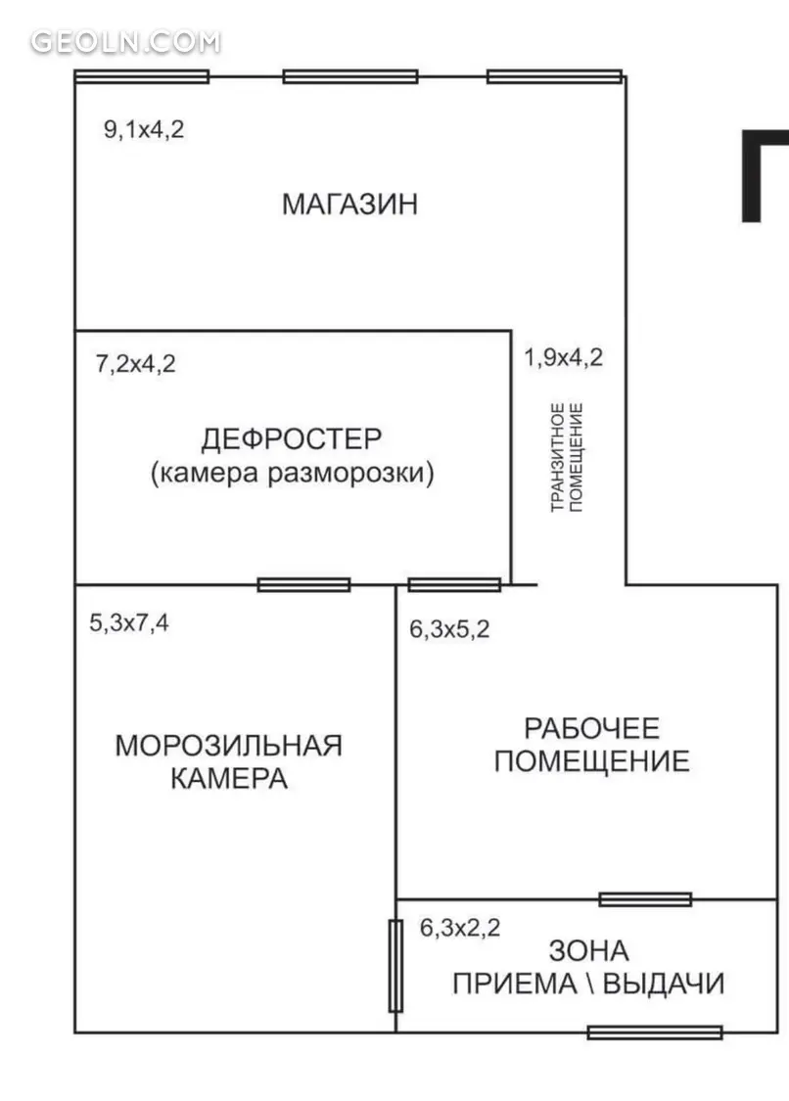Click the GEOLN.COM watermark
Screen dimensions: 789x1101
[125, 42]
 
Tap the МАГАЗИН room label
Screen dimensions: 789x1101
[349, 204]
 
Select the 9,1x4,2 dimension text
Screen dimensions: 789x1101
[144, 130]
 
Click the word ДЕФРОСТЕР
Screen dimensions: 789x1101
[292, 438]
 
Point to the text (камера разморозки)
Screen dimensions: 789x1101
[293, 473]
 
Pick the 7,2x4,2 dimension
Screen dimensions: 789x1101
[136, 364]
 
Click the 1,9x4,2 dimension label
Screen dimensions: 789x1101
[564, 357]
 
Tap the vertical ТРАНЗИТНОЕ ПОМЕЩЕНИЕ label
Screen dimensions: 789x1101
[567, 457]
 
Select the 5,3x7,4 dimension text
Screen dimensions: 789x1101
[129, 622]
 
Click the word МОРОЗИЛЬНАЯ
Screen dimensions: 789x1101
[229, 746]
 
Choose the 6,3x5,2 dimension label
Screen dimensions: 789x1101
[449, 629]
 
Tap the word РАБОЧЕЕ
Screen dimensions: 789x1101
[592, 729]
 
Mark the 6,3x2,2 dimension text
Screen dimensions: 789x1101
[460, 928]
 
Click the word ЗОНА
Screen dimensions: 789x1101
[588, 951]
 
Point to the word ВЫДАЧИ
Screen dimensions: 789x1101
[664, 984]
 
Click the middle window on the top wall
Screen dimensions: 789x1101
[350, 76]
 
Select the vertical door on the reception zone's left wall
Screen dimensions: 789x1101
[395, 966]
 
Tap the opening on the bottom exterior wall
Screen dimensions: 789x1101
[655, 1032]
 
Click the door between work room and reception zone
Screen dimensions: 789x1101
[646, 899]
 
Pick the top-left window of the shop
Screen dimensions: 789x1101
[142, 76]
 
